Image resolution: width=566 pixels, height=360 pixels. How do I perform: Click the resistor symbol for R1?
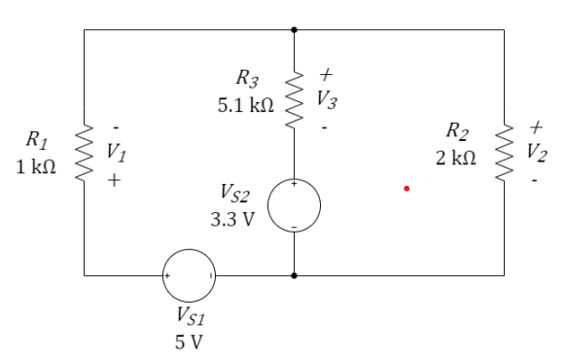[85, 153]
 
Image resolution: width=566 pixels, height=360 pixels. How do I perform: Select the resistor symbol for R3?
[294, 97]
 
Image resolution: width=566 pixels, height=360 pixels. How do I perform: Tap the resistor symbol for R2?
[505, 153]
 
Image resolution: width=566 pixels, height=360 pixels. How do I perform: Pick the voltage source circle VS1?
[190, 275]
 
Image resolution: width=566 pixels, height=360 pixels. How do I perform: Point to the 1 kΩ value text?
[36, 166]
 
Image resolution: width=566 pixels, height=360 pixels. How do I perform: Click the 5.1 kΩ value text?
[245, 102]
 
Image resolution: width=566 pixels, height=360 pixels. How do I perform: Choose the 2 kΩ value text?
[455, 158]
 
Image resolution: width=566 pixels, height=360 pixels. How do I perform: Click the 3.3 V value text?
[233, 219]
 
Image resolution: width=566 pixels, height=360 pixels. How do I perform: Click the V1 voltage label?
[116, 152]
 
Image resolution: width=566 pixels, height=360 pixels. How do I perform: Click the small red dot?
[407, 190]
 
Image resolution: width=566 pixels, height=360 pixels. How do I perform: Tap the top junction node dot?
[294, 30]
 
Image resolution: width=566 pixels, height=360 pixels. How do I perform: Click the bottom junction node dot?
[294, 275]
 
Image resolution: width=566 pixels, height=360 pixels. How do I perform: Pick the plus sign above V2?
[534, 126]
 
